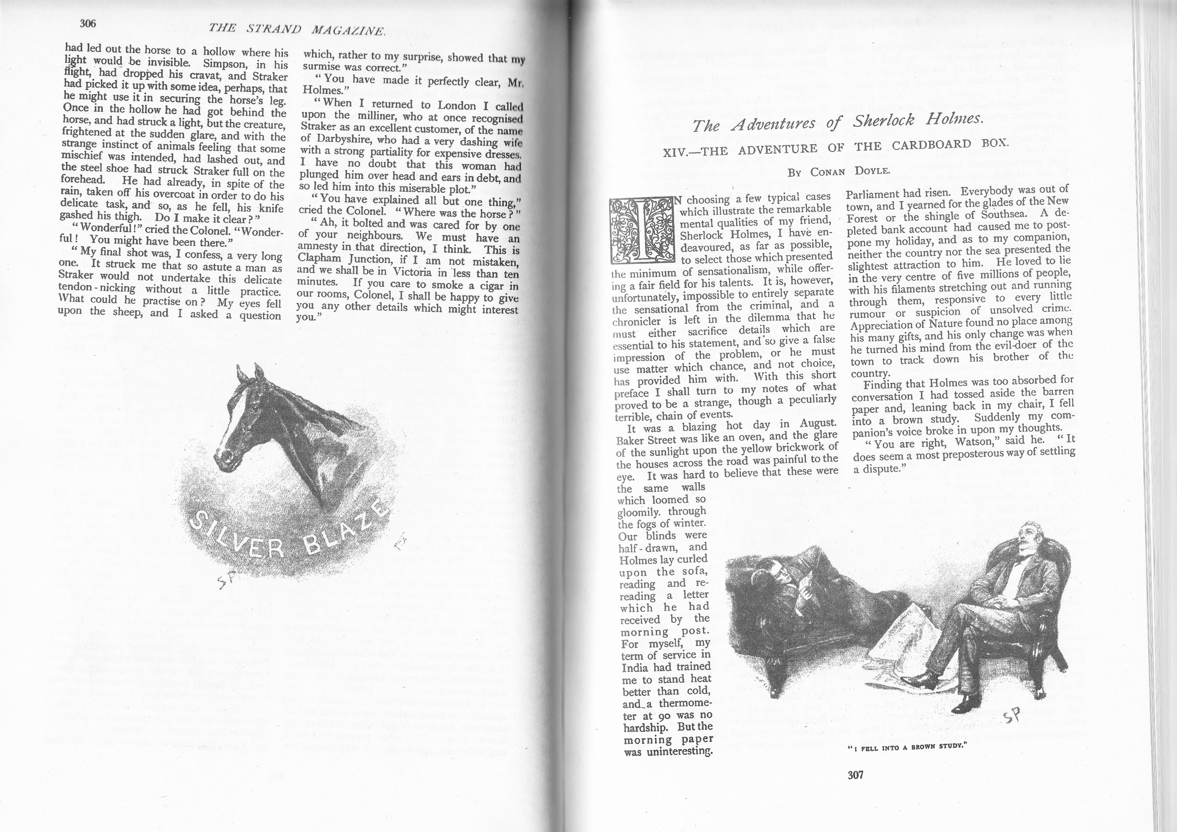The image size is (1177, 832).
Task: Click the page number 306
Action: [88, 23]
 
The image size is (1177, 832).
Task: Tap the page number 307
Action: [856, 775]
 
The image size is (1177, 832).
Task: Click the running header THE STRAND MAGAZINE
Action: [297, 30]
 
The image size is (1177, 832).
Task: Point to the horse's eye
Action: [254, 409]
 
